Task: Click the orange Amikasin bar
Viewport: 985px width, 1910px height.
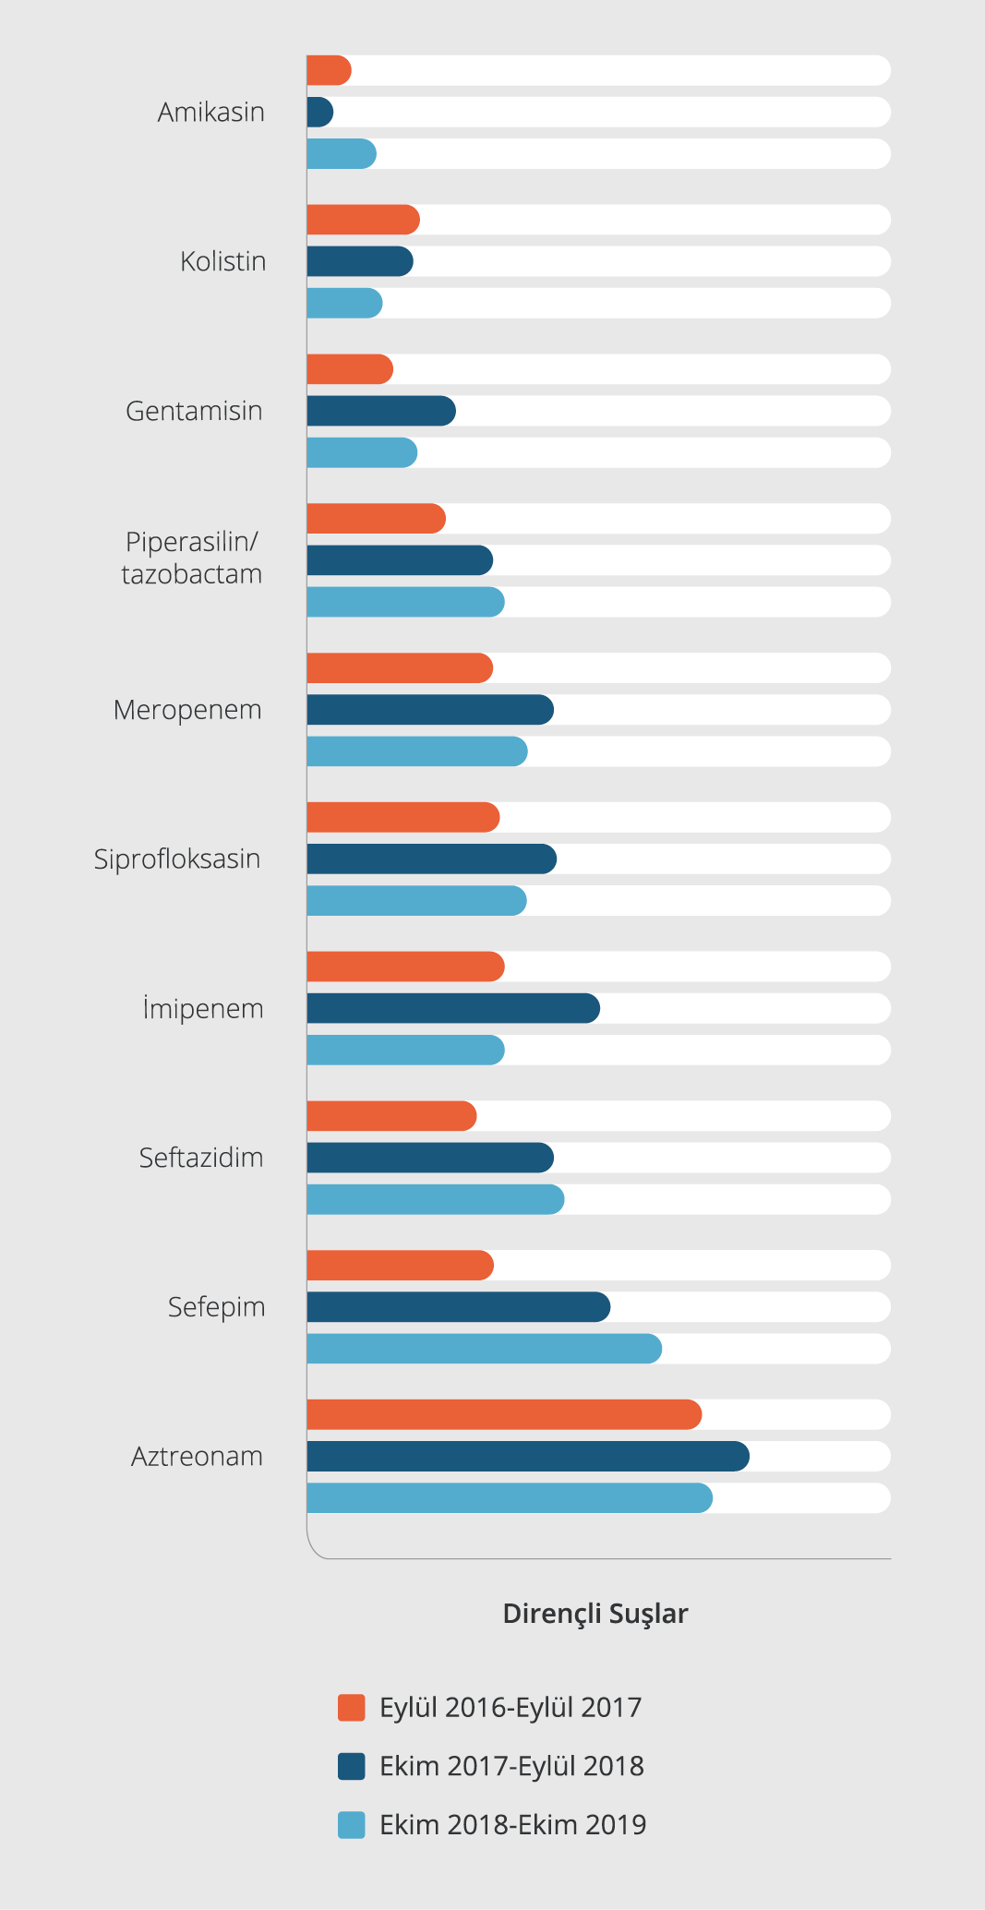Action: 329,71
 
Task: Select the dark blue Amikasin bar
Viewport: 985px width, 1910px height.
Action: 319,113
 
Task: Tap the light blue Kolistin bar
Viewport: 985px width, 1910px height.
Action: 344,304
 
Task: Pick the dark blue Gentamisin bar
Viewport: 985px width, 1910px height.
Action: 380,411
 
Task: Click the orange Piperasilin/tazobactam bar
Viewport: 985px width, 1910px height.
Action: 376,519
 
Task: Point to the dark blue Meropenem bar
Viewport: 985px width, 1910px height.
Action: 430,710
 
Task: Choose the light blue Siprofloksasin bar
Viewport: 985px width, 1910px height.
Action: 416,901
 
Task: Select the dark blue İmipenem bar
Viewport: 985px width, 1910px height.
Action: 453,1008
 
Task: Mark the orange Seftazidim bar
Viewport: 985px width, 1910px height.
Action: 391,1116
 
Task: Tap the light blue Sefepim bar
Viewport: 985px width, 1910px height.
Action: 484,1349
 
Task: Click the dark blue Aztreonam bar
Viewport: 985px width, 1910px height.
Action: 527,1457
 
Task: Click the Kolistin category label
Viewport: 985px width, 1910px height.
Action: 223,262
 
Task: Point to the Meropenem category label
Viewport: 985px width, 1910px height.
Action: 187,710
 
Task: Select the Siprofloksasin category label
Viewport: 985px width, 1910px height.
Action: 177,859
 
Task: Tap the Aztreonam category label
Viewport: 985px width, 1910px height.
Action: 197,1457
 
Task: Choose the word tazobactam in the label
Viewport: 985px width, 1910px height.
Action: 192,574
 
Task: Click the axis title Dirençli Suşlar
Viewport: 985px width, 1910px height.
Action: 595,1614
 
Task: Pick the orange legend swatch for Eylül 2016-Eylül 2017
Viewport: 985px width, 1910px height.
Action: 352,1708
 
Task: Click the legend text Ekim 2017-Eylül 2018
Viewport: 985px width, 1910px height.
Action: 511,1766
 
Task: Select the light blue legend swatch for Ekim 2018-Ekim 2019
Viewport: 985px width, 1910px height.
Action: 352,1825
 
